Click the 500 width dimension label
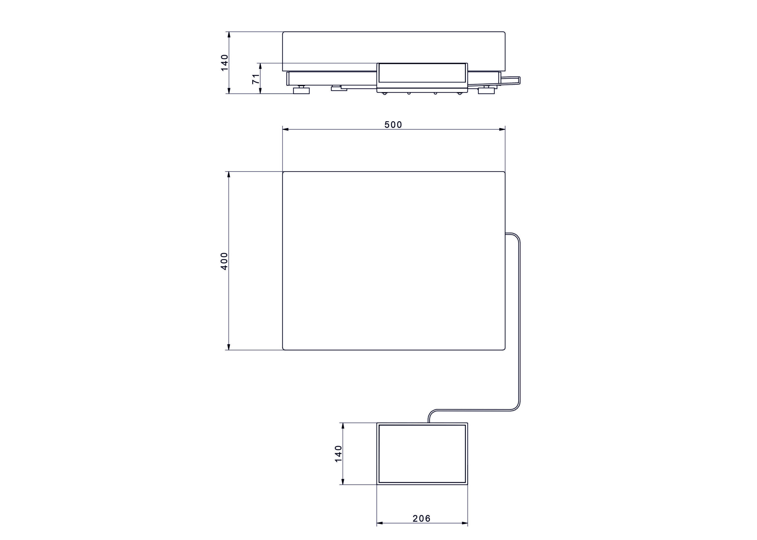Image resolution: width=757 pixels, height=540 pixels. coord(393,125)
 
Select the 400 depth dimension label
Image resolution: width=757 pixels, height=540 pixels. coord(224,261)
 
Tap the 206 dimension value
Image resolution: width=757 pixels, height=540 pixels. coord(422,518)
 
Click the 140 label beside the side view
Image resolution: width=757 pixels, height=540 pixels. coord(225,62)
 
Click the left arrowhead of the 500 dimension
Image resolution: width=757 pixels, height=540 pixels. coord(286,129)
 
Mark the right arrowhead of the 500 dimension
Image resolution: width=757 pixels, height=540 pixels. coord(502,129)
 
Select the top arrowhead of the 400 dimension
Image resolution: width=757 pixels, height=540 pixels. coord(228,175)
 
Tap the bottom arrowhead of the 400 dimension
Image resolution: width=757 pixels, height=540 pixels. coord(228,347)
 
